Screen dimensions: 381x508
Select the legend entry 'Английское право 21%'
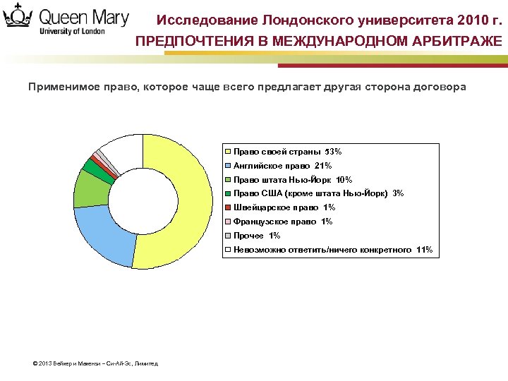pyautogui.click(x=282, y=166)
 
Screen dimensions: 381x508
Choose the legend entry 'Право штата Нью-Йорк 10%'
pyautogui.click(x=292, y=180)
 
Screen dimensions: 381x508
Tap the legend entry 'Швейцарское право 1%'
pyautogui.click(x=284, y=207)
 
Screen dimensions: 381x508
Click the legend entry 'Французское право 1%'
pyautogui.click(x=282, y=222)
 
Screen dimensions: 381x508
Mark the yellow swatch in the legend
pyautogui.click(x=228, y=152)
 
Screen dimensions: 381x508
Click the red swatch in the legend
pyautogui.click(x=228, y=207)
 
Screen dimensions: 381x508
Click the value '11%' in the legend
pyautogui.click(x=425, y=250)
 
